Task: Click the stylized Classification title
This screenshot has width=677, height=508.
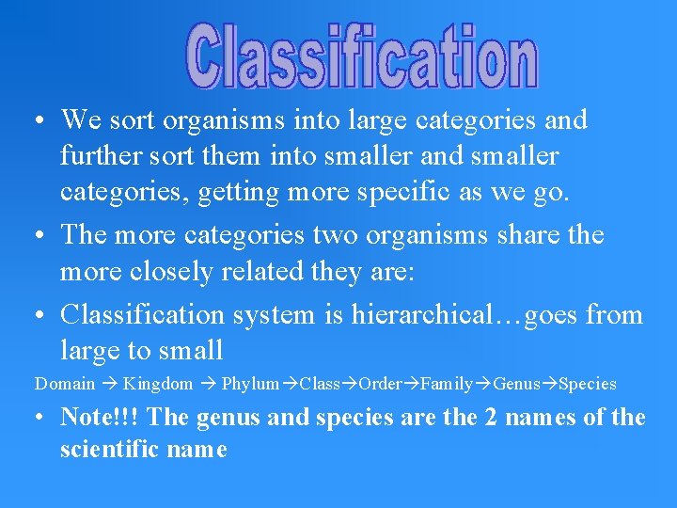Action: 361,56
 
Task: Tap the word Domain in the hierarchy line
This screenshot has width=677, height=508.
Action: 65,384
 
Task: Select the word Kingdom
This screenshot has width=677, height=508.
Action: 158,384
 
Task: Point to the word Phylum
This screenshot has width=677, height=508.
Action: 251,384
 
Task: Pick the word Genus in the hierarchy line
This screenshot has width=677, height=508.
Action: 516,384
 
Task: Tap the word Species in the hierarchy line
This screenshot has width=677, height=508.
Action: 588,384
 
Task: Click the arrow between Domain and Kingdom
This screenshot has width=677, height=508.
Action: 109,384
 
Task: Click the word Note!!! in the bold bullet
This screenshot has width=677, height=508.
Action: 100,417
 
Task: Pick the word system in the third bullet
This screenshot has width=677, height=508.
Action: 279,314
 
